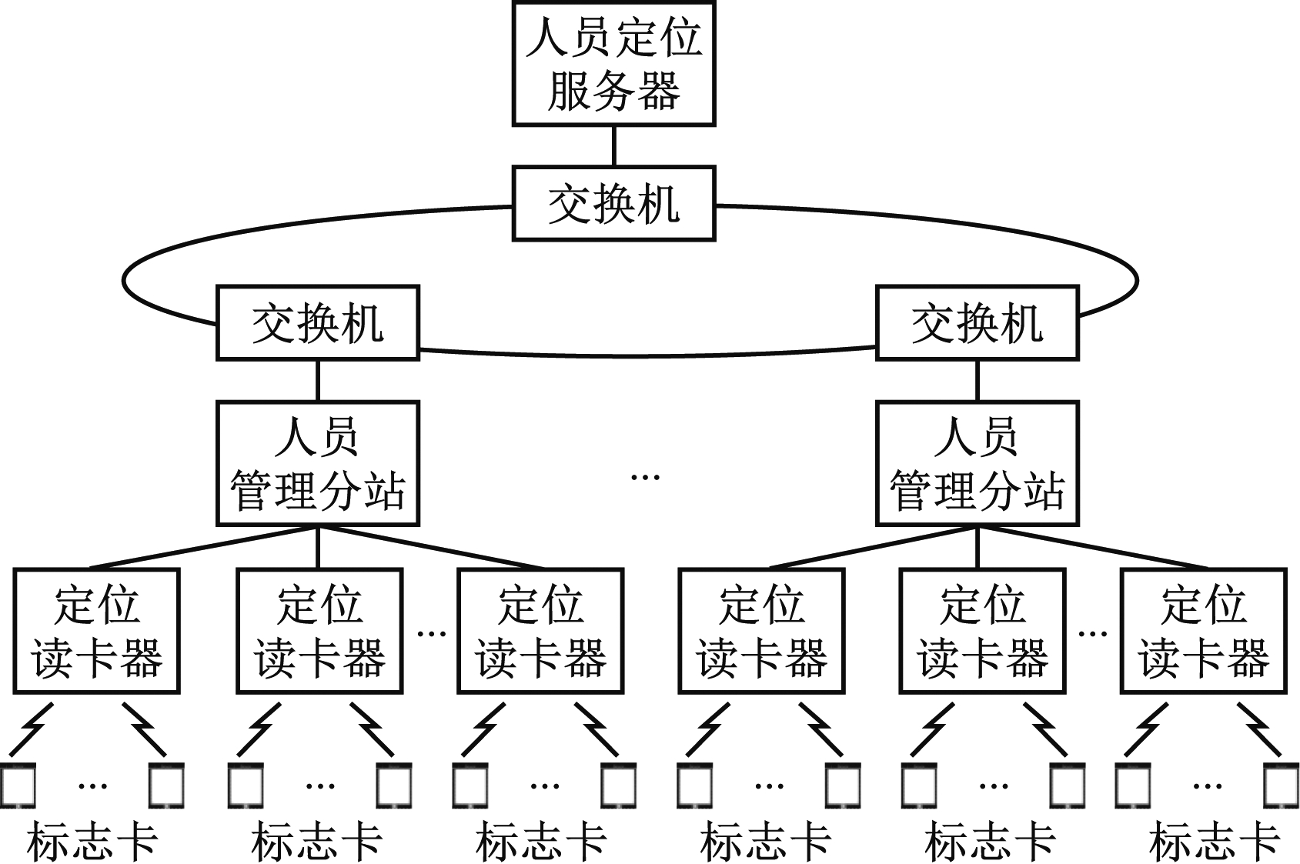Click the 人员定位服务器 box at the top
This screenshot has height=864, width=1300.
613,63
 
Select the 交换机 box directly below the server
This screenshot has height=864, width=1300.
613,204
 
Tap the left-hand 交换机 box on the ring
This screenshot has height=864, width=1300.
317,323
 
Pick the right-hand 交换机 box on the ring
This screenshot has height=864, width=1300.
977,323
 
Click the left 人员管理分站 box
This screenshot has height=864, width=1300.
317,463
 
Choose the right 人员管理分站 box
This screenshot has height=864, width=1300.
977,463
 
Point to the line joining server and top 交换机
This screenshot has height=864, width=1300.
613,146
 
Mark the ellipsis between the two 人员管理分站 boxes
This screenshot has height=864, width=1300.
645,477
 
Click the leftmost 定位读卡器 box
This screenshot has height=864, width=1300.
96,631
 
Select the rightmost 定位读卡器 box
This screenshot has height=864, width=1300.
1203,631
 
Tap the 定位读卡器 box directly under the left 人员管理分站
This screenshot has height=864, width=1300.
319,631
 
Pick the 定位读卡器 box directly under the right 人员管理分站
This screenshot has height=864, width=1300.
982,631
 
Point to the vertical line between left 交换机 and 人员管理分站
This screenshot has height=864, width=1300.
317,381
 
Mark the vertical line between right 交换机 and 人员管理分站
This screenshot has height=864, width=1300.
977,381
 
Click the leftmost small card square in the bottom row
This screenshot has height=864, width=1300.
17,785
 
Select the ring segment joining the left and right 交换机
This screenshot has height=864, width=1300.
647,355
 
